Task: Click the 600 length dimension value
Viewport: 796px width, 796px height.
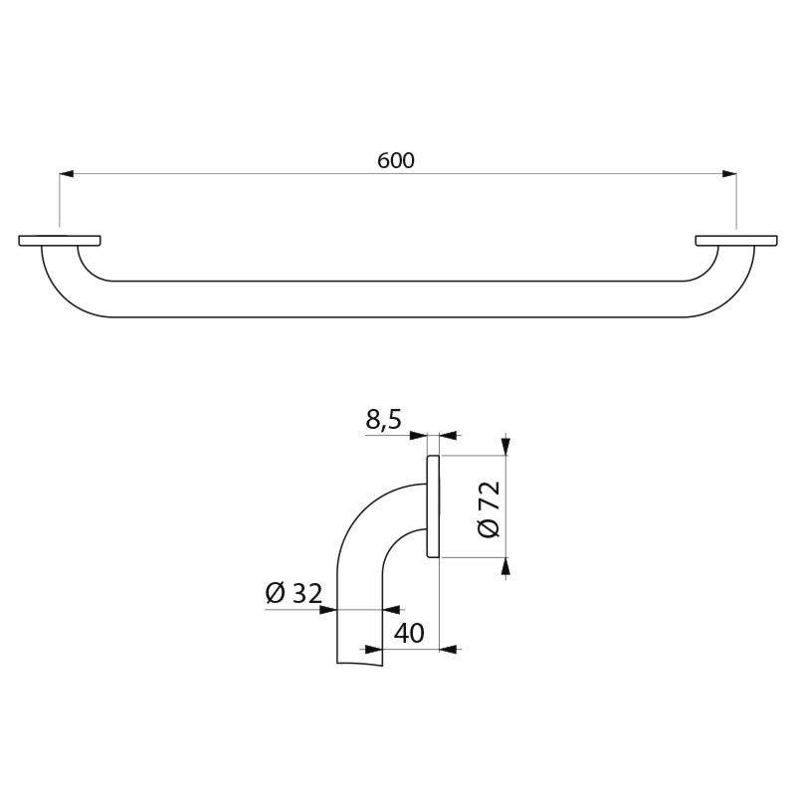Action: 396,160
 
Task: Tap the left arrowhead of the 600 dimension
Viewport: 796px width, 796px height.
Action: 67,175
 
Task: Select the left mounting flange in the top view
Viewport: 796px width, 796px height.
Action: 60,240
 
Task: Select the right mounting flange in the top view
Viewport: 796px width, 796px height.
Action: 735,240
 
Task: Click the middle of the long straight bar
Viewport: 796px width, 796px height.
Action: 398,298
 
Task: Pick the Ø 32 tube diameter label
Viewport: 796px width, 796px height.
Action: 294,594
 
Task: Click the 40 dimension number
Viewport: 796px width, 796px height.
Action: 409,633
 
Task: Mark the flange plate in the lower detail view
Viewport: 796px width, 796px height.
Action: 433,506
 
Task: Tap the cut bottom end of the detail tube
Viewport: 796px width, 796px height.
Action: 359,662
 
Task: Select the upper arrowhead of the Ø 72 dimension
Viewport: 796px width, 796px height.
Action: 506,448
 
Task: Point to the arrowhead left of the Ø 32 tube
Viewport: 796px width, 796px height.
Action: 328,609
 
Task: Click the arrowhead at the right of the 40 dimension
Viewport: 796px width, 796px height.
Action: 448,649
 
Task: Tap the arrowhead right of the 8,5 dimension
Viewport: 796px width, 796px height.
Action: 447,435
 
